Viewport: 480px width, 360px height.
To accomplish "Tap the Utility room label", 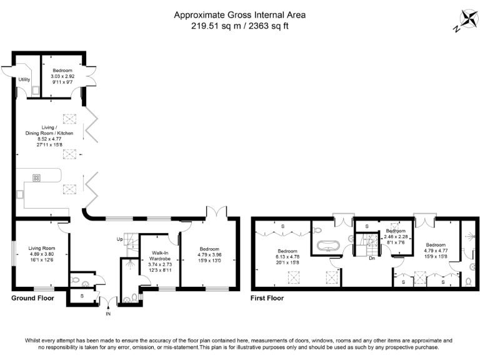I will point(24,80).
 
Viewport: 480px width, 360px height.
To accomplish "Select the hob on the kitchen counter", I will point(36,177).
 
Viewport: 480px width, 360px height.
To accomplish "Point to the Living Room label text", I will point(42,248).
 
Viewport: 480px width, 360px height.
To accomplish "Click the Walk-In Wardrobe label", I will point(159,256).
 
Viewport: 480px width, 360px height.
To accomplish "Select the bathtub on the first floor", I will point(330,245).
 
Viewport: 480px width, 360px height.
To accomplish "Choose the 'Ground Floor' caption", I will point(32,298).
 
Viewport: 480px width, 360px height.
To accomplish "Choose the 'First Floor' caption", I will point(267,298).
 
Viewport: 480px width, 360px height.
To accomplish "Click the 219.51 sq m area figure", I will point(211,26).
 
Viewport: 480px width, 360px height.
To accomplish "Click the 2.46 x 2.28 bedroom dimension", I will point(395,236).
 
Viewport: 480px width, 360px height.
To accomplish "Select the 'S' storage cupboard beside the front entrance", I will point(82,295).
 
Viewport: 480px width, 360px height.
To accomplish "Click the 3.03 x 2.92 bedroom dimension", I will point(62,76).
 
